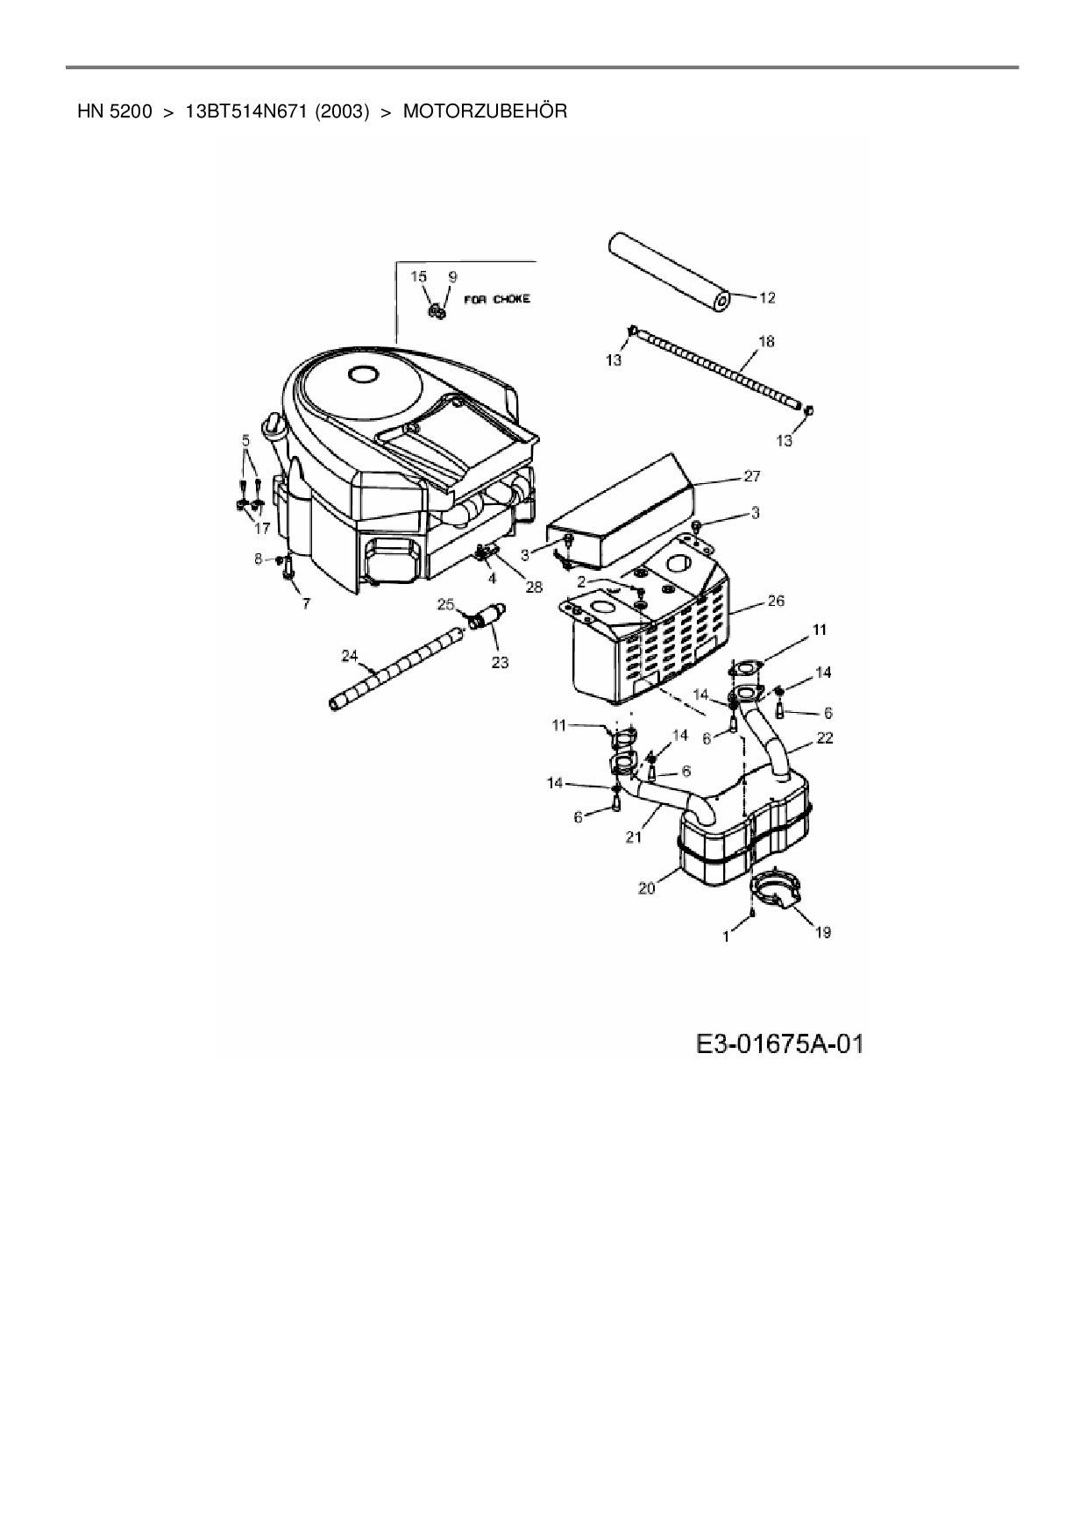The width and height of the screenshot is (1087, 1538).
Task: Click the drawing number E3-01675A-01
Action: tap(779, 1043)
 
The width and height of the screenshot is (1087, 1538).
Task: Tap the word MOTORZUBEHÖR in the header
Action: tap(485, 111)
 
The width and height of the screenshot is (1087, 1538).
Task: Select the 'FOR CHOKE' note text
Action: tap(499, 299)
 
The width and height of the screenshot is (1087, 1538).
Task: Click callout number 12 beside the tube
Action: tap(766, 298)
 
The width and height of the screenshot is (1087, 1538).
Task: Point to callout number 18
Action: tap(765, 341)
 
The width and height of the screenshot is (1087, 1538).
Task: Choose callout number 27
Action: tap(751, 476)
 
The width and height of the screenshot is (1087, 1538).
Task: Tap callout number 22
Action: tap(824, 738)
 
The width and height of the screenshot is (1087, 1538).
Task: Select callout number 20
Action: tap(647, 887)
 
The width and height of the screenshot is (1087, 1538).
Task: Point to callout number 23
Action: tap(499, 662)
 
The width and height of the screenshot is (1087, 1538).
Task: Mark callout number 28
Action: tap(533, 587)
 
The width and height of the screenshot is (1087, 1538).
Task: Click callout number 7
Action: tap(305, 605)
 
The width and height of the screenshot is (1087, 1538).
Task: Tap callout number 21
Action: tap(634, 837)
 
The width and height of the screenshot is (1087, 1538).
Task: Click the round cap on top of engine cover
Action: tap(361, 374)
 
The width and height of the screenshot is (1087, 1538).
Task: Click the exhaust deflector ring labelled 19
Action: tap(775, 892)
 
